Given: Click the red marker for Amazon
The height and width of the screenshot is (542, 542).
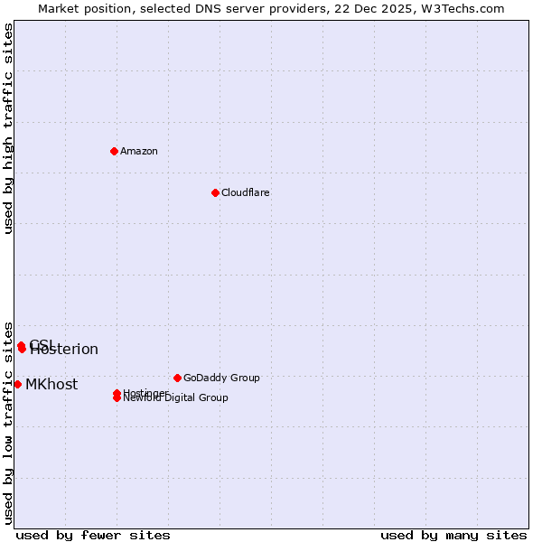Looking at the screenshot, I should tap(114, 151).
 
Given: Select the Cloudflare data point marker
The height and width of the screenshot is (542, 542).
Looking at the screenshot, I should tap(215, 192).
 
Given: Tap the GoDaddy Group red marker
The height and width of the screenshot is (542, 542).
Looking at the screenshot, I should tap(177, 378).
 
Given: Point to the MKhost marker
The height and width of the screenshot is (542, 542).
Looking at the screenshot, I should tap(18, 384).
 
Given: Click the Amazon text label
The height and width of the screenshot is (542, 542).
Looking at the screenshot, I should tap(139, 151).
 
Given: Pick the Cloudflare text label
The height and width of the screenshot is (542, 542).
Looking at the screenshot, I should tap(246, 192).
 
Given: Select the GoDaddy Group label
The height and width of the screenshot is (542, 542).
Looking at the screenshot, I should tap(221, 378).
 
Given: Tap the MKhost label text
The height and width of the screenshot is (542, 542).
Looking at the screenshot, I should tap(51, 385).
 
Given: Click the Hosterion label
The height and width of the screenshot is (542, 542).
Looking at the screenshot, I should tap(64, 350).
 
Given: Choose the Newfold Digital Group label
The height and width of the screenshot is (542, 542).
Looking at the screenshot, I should tap(176, 398).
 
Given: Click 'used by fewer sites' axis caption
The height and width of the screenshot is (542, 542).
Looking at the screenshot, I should tap(93, 535).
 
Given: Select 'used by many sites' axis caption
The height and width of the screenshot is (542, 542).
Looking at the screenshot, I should tap(453, 535).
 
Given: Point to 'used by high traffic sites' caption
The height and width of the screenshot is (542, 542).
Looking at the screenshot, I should tap(9, 128).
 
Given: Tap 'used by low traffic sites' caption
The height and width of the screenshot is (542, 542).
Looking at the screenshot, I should tap(9, 423).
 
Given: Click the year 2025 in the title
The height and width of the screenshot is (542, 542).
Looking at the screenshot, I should tap(397, 8).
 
